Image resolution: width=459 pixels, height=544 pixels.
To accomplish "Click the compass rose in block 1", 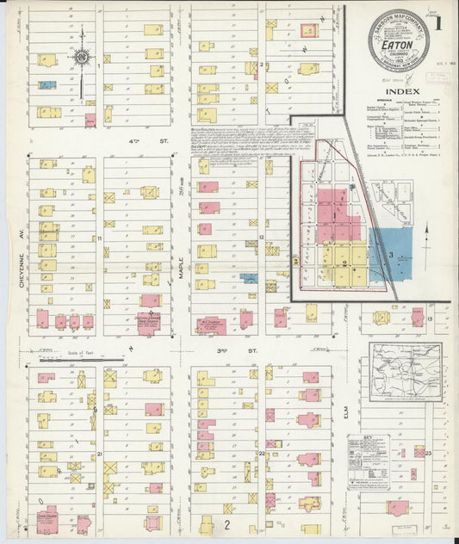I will [83, 59].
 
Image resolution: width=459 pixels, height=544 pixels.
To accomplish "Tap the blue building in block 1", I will [48, 85].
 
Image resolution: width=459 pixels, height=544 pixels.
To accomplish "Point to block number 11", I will [100, 238].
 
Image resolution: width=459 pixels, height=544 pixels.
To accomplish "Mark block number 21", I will [100, 453].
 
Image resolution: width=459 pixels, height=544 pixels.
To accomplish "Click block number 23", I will [427, 451].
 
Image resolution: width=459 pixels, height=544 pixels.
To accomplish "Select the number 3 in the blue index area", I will [390, 255].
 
